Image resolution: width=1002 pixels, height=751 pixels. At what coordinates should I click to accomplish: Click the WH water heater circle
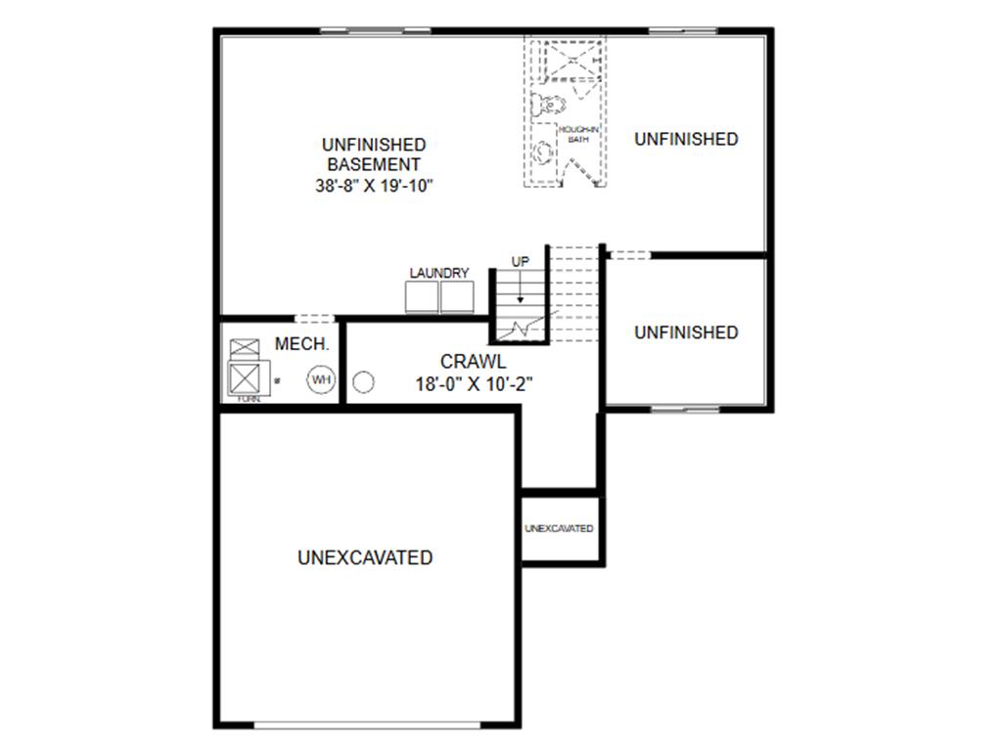click(x=321, y=379)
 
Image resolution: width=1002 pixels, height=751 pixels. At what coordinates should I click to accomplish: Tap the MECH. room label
click(x=301, y=345)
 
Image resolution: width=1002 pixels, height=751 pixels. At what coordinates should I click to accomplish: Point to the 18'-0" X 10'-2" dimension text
click(x=473, y=384)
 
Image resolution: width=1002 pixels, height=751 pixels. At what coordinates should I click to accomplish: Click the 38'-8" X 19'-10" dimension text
click(x=374, y=186)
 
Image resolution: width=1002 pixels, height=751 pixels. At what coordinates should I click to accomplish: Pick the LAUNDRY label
click(x=439, y=273)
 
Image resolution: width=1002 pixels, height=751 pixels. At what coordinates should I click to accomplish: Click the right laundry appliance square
click(x=457, y=298)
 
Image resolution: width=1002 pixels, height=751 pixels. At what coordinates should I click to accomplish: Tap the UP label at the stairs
click(x=521, y=262)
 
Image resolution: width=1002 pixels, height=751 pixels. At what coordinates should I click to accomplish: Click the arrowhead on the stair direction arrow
click(x=521, y=299)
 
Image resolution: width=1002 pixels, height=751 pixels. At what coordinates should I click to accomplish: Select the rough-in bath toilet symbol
click(x=544, y=102)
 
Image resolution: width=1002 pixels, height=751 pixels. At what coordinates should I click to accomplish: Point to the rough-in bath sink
click(x=541, y=155)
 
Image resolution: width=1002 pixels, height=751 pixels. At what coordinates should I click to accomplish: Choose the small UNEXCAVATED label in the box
click(x=559, y=529)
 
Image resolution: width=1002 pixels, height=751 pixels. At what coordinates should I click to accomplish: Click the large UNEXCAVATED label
click(x=365, y=558)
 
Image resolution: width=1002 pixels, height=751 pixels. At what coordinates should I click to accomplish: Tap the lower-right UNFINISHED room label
click(x=686, y=332)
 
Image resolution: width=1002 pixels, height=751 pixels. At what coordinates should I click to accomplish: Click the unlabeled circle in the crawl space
click(x=364, y=381)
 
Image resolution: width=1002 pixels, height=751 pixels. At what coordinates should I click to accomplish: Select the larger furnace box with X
click(x=243, y=377)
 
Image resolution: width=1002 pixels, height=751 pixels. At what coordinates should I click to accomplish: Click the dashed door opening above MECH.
click(x=315, y=319)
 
